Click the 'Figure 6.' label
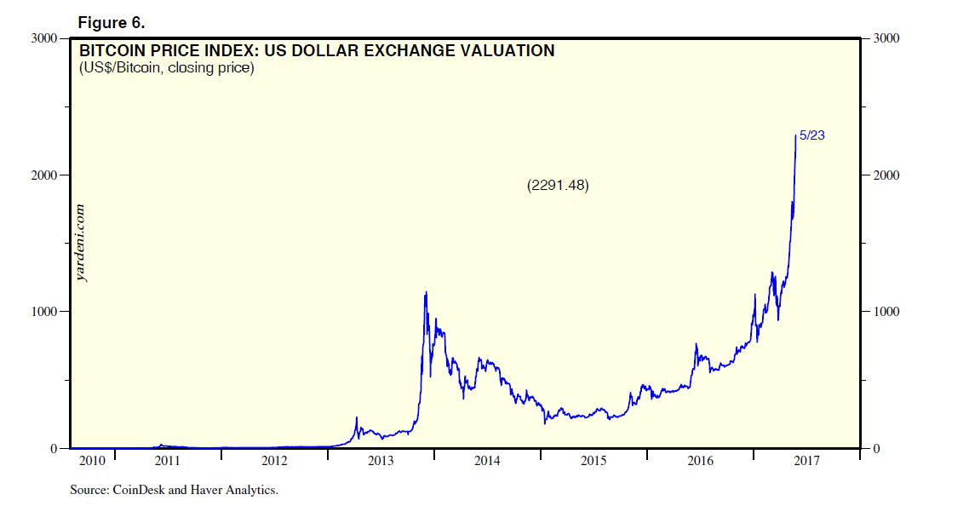coord(112,20)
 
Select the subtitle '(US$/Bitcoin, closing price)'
coord(166,68)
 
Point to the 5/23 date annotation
coord(812,136)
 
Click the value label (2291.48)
coord(559,185)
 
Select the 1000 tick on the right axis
coord(887,312)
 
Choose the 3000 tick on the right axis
coord(887,39)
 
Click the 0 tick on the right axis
coord(875,449)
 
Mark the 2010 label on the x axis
coord(91,462)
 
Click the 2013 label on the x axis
coord(380,462)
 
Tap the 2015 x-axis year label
coord(593,462)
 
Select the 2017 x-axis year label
coord(806,462)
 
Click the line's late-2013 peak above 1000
coord(426,293)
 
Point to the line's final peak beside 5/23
coord(795,135)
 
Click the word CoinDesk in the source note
coord(137,490)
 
